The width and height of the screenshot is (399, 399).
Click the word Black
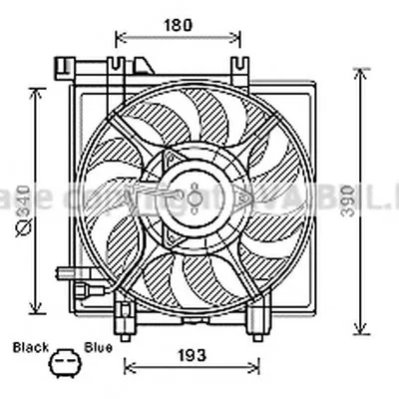pos(30,347)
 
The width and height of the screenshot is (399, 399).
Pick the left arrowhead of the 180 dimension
pos(121,38)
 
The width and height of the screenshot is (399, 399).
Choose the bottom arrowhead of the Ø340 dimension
pos(38,306)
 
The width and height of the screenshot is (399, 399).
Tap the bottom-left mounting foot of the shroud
pos(126,321)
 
